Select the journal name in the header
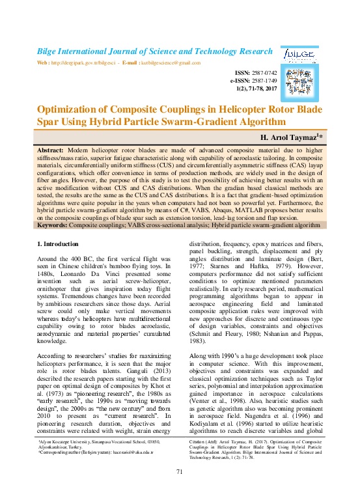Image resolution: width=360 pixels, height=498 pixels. coord(154,51)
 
